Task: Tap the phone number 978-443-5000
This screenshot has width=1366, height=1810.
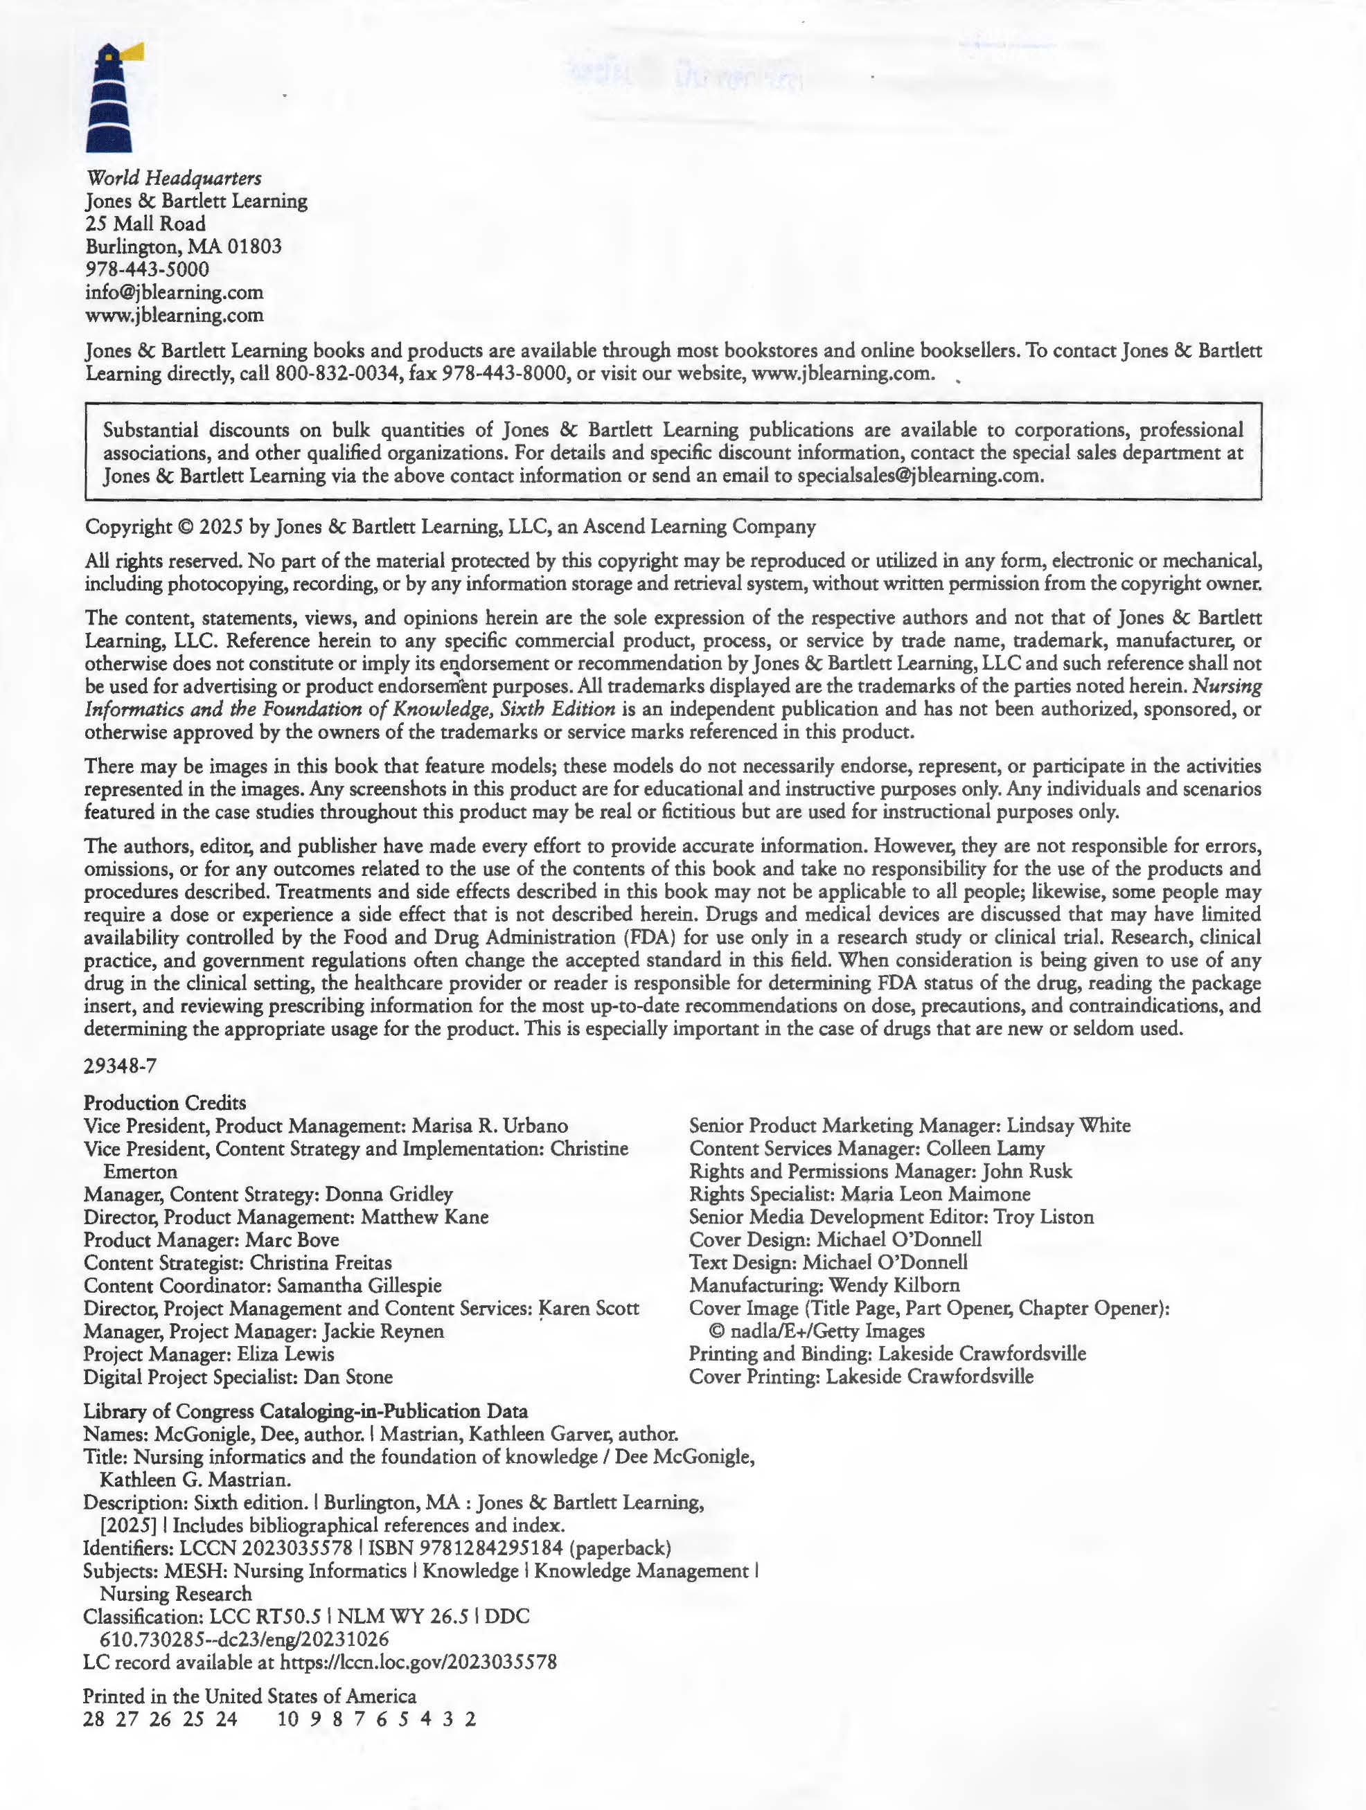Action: (x=148, y=269)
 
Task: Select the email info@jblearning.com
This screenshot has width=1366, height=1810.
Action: (x=175, y=292)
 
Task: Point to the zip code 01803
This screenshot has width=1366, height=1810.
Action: (x=254, y=247)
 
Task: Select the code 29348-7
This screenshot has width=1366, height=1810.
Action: (x=121, y=1066)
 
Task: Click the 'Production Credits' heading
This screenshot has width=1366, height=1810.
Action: (x=164, y=1102)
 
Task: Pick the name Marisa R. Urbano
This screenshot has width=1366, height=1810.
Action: (x=490, y=1125)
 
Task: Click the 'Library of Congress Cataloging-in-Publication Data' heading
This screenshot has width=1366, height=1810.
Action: (x=305, y=1410)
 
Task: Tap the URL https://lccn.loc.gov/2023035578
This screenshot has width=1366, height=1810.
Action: (x=418, y=1662)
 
